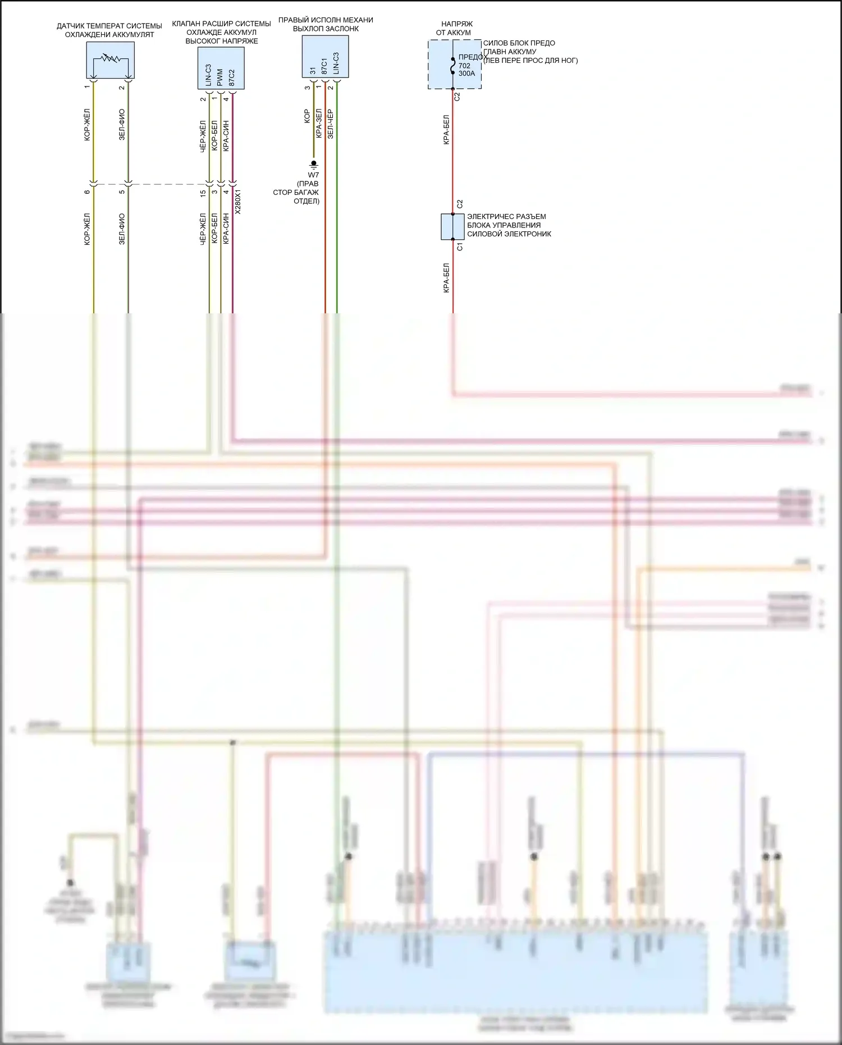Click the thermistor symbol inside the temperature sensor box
coord(110,57)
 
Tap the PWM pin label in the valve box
coord(220,77)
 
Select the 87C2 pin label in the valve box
coord(232,77)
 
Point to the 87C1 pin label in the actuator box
coord(324,65)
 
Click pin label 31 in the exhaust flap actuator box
coord(313,71)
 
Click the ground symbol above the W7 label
coord(314,164)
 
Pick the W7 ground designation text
coord(313,175)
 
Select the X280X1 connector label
coord(238,202)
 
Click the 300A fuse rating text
coord(466,74)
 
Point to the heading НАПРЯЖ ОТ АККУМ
coord(454,28)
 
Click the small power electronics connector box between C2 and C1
coord(452,226)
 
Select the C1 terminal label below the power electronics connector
coord(460,247)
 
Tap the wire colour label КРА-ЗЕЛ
coord(319,123)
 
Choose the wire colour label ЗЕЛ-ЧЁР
coord(331,124)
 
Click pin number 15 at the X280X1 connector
coord(203,193)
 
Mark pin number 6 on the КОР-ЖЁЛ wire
coord(87,192)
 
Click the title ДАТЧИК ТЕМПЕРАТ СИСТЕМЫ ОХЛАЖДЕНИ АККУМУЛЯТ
coord(109,30)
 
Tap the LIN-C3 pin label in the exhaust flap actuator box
coord(336,63)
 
